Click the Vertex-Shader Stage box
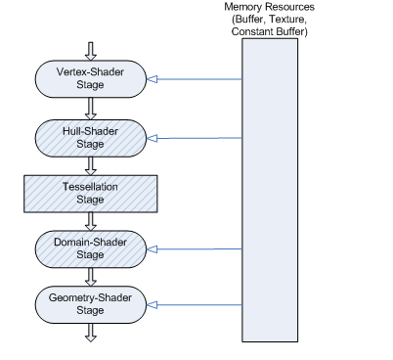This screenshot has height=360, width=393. coord(91,78)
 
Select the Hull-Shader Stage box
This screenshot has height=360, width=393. coord(91,138)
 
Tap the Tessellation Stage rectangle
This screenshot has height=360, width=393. coord(91,194)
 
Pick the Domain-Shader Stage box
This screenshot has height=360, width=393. coord(91,249)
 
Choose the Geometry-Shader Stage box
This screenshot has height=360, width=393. coord(91,304)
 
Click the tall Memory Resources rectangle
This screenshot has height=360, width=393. coord(270,190)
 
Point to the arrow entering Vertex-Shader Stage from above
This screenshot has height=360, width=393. coord(91,51)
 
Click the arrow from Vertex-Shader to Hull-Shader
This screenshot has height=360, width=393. coord(91,109)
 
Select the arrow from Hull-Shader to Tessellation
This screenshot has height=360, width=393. coord(91,166)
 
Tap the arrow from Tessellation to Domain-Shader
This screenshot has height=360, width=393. coord(91,222)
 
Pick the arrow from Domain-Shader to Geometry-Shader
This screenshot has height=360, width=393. coord(91,277)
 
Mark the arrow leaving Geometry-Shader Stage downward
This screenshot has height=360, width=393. coord(91,333)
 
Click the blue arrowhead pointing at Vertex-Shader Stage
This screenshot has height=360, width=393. coord(152,79)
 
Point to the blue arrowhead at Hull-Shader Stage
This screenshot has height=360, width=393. coord(152,139)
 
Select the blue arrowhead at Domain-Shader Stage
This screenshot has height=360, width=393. coord(152,249)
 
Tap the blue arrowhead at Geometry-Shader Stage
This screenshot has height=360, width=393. coord(152,305)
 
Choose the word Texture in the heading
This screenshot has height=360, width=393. coord(288,20)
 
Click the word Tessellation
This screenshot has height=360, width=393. coord(90,187)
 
